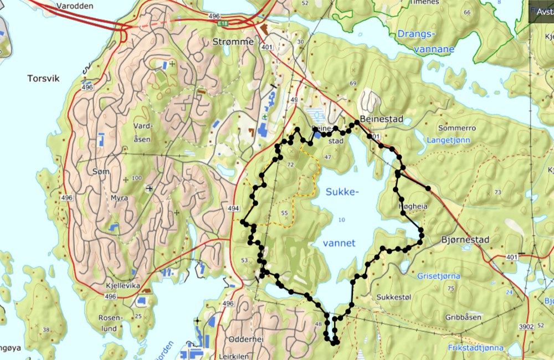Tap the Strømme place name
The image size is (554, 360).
233,42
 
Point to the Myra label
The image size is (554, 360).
119,198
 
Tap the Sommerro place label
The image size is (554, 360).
457,127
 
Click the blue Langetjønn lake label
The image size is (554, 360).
448,140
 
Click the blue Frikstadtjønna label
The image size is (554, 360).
476,348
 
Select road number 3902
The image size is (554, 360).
526,327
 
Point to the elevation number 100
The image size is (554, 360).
136,178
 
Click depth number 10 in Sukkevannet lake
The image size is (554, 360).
341,220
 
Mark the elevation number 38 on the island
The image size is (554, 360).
46,330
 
